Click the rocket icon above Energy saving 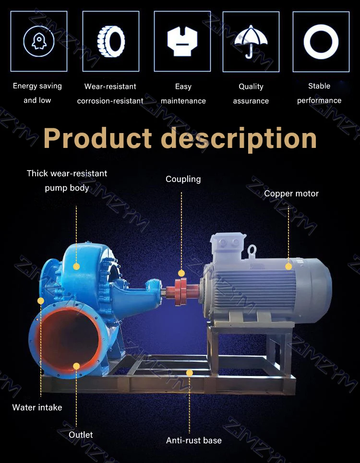click(x=39, y=41)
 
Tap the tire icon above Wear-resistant click(x=111, y=41)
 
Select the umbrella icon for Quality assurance click(x=251, y=41)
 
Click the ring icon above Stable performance click(x=321, y=41)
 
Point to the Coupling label click(x=183, y=179)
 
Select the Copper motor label click(x=291, y=194)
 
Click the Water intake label click(x=37, y=407)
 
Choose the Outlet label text click(x=81, y=435)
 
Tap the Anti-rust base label click(x=194, y=440)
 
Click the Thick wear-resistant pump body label click(x=67, y=180)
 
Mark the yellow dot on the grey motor click(x=288, y=266)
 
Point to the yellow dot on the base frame click(x=190, y=373)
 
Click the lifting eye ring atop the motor click(x=252, y=250)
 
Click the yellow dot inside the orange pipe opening click(x=76, y=366)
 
